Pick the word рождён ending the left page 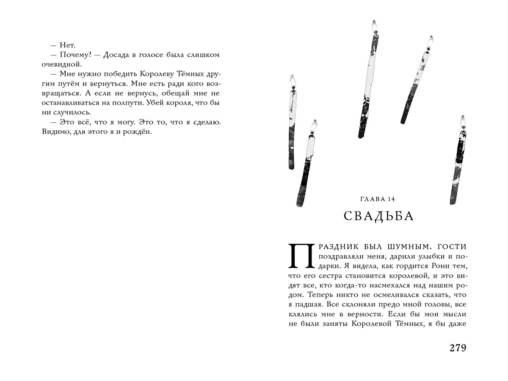coord(138,132)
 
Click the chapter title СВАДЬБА coord(378,216)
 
